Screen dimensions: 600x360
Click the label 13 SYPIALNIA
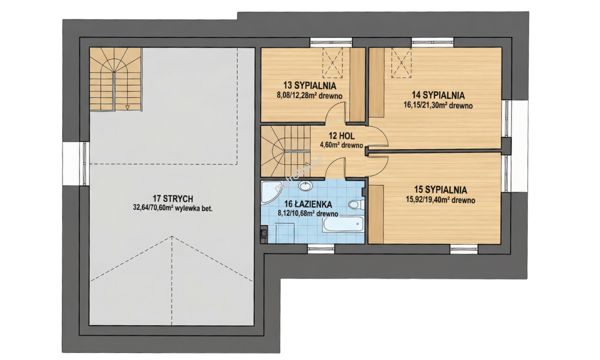point(310,86)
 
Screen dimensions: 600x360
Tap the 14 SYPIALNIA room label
point(438,95)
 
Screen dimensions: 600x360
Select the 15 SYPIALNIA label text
point(440,190)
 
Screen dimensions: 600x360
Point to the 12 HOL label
point(342,136)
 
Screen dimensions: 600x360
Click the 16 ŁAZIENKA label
point(308,204)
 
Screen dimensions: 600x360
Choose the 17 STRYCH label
point(173,199)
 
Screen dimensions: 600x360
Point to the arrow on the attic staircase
point(128,107)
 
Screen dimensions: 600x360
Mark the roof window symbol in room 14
point(401,63)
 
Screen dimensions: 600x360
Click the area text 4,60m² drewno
point(341,145)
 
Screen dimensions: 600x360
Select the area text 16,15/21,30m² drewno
point(438,106)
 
